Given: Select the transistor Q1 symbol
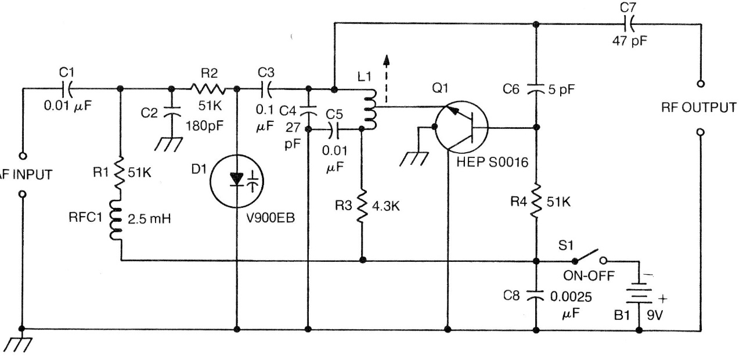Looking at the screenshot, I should (458, 128).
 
